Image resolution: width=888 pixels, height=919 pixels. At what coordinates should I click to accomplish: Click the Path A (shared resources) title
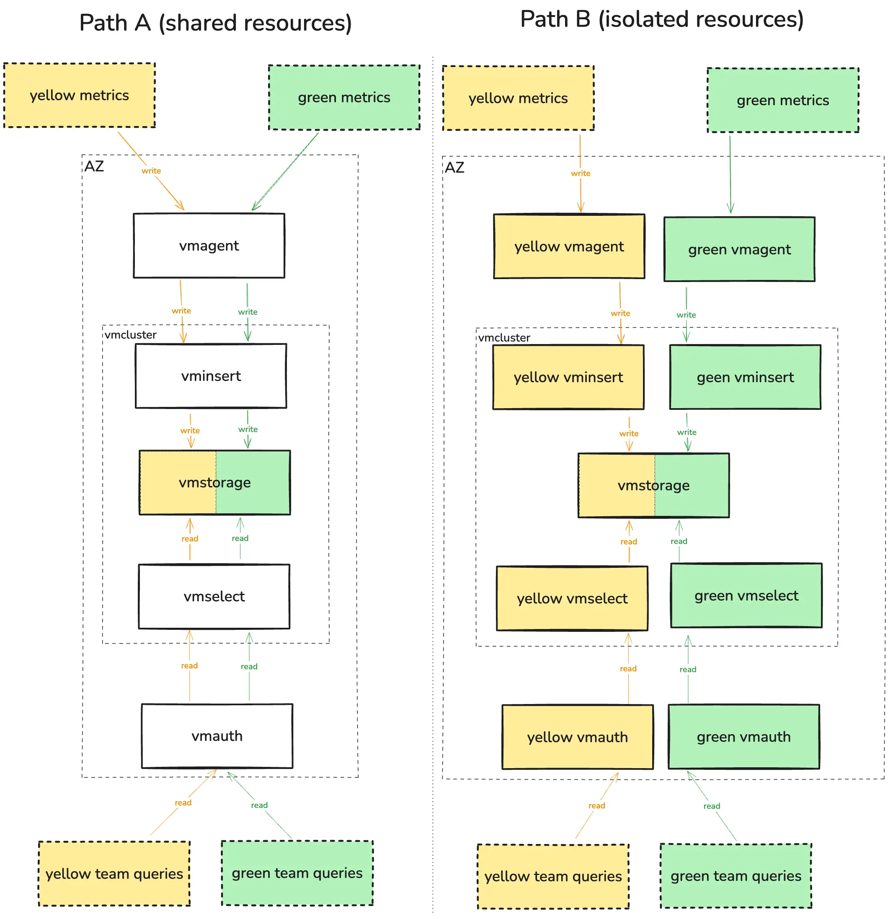[216, 23]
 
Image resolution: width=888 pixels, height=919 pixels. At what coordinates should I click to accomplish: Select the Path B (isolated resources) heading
[662, 19]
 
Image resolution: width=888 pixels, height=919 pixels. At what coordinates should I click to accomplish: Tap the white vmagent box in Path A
[209, 246]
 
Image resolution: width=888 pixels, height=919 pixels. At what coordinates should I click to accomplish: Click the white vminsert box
[211, 376]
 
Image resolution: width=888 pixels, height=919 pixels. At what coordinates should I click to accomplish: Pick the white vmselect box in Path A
[214, 596]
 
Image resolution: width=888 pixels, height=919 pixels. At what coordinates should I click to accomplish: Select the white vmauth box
[217, 736]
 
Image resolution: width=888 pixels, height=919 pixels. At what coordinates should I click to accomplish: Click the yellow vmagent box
[569, 247]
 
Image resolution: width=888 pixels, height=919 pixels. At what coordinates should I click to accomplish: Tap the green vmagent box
[739, 249]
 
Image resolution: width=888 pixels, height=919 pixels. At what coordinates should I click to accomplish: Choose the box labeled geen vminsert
[745, 378]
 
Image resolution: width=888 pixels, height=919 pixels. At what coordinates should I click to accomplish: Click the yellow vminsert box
[568, 378]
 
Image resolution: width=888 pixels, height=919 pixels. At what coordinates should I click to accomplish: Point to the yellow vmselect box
[572, 599]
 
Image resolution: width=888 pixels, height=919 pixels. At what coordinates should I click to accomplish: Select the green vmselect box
[746, 596]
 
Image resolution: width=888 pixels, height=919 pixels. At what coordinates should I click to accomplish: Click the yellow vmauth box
[577, 738]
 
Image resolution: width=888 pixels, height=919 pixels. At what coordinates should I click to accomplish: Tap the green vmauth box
[743, 737]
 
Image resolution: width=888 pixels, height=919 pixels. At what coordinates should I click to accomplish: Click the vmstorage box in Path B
[654, 486]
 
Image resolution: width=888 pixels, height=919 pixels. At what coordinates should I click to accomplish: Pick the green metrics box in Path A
[344, 98]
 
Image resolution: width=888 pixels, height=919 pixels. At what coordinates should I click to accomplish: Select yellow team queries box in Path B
[553, 877]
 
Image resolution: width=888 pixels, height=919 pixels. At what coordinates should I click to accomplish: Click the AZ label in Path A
[94, 166]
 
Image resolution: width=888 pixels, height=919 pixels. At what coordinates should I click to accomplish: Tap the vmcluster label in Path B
[504, 338]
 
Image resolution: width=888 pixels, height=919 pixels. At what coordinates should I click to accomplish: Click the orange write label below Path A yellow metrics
[151, 171]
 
